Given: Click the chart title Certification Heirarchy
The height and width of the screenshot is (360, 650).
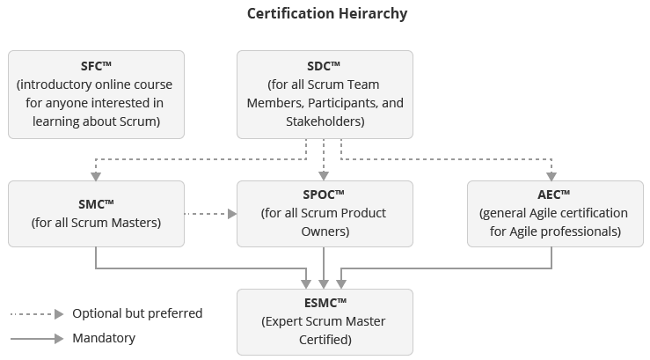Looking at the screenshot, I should pyautogui.click(x=326, y=13).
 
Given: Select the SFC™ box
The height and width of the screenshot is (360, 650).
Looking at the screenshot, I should pyautogui.click(x=96, y=94).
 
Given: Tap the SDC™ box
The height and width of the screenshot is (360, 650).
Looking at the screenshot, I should pyautogui.click(x=325, y=94).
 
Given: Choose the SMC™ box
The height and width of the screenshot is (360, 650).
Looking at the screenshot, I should pyautogui.click(x=96, y=214).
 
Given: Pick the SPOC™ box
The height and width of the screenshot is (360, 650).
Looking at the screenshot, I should pyautogui.click(x=325, y=214).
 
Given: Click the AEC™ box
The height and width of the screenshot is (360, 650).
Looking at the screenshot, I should pyautogui.click(x=553, y=214).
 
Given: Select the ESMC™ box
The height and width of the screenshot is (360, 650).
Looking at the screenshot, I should pyautogui.click(x=325, y=321).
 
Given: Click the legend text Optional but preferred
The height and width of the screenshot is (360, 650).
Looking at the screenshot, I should pyautogui.click(x=137, y=313).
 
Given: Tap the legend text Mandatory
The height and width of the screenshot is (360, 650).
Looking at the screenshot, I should pyautogui.click(x=104, y=338).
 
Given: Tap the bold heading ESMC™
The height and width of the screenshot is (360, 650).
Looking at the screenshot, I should pyautogui.click(x=325, y=304).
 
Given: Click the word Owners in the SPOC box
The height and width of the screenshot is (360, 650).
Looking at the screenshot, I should pyautogui.click(x=325, y=231).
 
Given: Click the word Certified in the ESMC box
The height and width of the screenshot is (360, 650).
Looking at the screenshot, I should pyautogui.click(x=325, y=339).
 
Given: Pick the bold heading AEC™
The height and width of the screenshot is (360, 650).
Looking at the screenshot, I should pyautogui.click(x=553, y=195).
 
